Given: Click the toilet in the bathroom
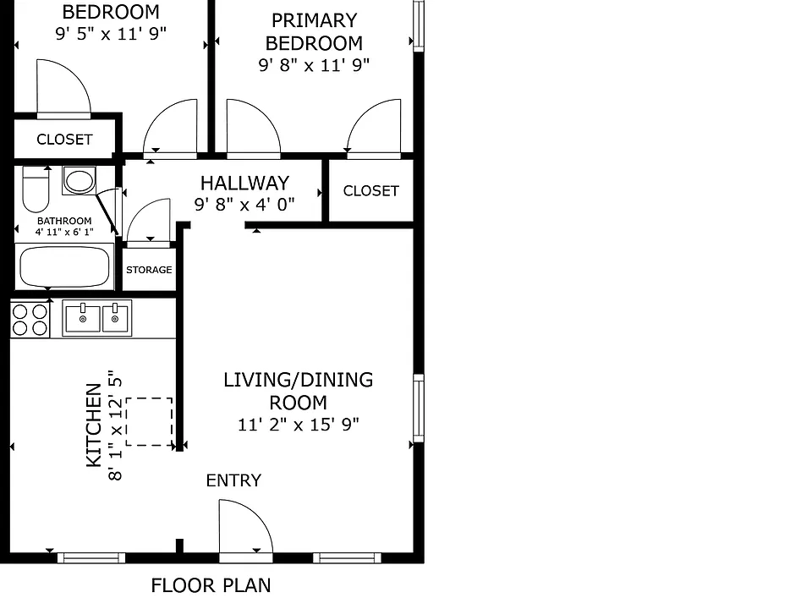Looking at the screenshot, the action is [36, 189].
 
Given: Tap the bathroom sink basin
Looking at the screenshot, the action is [80, 181].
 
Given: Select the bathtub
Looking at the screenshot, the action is [65, 266].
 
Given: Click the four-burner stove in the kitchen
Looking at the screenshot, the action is [30, 320].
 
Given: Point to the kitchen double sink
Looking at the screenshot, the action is [97, 318].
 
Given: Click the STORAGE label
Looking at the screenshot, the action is [149, 270].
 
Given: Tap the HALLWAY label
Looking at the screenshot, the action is [245, 184].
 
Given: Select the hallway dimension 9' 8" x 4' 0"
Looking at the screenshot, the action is [244, 205].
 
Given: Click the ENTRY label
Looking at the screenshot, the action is [233, 480].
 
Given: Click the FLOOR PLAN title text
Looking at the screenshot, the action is [211, 585].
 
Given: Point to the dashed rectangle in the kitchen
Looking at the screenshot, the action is [149, 421].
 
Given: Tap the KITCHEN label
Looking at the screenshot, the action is [94, 425].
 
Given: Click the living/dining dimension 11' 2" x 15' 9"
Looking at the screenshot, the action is [299, 425].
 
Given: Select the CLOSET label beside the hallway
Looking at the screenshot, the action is [371, 191].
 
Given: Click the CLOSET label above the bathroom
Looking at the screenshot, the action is [65, 140].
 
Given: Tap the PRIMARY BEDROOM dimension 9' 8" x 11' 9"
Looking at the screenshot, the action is [314, 65].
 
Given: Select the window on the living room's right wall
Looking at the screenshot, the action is [419, 408].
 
